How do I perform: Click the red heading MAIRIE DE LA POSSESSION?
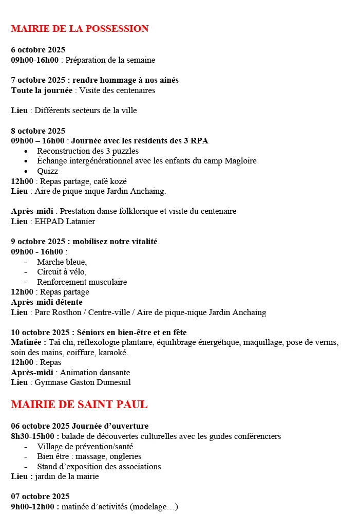click(x=80, y=29)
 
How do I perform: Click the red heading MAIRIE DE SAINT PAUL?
click(x=79, y=405)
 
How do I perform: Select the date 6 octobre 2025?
click(x=38, y=50)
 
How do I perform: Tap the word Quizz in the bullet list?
click(x=47, y=171)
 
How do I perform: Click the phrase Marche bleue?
click(x=62, y=262)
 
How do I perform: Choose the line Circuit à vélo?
click(x=62, y=272)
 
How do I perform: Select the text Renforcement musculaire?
click(x=82, y=282)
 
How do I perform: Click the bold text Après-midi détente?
click(x=47, y=302)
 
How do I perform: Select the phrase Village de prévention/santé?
click(x=85, y=447)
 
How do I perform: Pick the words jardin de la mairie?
click(x=67, y=476)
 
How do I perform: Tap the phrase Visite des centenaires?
click(x=117, y=90)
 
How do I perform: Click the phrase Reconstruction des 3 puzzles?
click(x=88, y=151)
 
